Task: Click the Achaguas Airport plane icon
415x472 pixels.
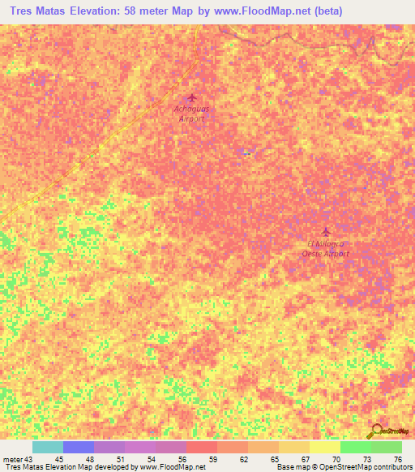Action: pyautogui.click(x=191, y=98)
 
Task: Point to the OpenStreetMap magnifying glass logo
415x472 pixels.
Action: pyautogui.click(x=375, y=432)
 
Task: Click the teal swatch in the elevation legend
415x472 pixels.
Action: pyautogui.click(x=48, y=447)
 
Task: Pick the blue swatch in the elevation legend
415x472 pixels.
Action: pyautogui.click(x=79, y=447)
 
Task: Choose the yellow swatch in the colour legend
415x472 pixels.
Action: pyautogui.click(x=325, y=447)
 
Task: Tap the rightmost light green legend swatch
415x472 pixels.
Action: pyautogui.click(x=387, y=447)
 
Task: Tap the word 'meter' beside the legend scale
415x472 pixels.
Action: pyautogui.click(x=11, y=459)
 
